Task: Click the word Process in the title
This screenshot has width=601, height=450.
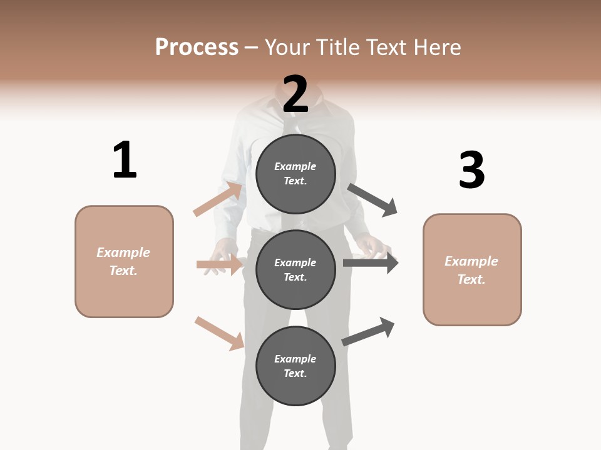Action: click(x=197, y=47)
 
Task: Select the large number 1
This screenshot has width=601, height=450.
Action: click(x=124, y=161)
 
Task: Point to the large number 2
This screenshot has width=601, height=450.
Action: click(x=295, y=94)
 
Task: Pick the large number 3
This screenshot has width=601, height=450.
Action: click(x=471, y=171)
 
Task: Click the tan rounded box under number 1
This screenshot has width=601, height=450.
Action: click(x=124, y=261)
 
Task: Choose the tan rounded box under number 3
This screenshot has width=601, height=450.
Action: click(x=472, y=270)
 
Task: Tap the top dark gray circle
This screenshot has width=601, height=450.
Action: click(x=295, y=174)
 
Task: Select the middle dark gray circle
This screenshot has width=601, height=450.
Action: click(x=295, y=269)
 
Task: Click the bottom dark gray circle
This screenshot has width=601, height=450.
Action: click(x=295, y=366)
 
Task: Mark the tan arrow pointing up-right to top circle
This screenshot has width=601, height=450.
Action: click(x=218, y=199)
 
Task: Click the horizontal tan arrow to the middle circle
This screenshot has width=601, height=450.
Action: click(x=219, y=265)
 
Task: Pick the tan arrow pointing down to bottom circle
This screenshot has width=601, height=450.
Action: click(x=220, y=332)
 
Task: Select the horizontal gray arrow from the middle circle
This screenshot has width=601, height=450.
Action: click(x=371, y=263)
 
